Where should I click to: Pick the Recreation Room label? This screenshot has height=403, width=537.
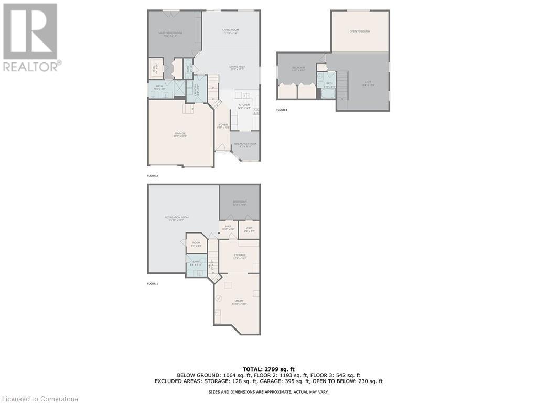coord(176,218)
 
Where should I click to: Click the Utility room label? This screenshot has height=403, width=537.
coord(239,301)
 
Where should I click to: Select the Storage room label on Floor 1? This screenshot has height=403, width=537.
coord(239,256)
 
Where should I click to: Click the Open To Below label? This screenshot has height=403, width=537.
coord(360,31)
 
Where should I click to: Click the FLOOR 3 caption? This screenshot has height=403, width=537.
coord(282,110)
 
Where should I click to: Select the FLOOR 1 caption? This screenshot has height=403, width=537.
coord(153,284)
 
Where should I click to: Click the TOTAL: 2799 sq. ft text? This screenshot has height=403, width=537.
coord(268,369)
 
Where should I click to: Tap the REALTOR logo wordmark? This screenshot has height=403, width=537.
coord(31,67)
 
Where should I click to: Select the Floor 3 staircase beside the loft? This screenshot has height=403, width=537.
coord(342,86)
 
